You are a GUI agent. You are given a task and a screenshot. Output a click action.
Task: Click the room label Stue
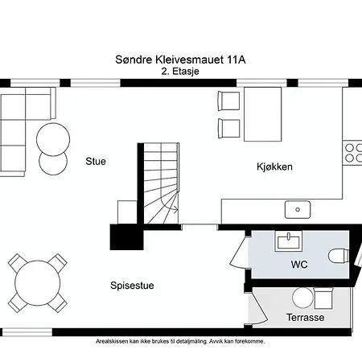[96, 161]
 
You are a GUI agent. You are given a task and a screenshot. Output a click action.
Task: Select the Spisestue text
[133, 285]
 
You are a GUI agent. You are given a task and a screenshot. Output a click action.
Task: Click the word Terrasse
[305, 318]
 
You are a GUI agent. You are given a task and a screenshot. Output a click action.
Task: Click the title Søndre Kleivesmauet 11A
[180, 60]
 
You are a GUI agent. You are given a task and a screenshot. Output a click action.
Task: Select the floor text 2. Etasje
[180, 71]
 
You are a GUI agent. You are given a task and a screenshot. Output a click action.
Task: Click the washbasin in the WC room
[286, 241]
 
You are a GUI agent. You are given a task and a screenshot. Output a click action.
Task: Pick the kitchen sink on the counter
[298, 210]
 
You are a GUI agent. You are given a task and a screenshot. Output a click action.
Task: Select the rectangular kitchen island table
[263, 113]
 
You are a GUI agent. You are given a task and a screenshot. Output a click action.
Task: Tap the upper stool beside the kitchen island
[229, 101]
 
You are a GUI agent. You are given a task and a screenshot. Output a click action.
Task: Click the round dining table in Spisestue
[38, 282]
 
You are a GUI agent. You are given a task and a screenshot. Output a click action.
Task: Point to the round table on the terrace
[302, 298]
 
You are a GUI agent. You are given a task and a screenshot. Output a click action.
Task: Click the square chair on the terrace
[323, 299]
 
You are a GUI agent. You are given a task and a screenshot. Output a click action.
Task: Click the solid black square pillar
[125, 237]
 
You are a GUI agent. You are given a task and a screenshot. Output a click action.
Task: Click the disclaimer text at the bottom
[180, 340]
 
